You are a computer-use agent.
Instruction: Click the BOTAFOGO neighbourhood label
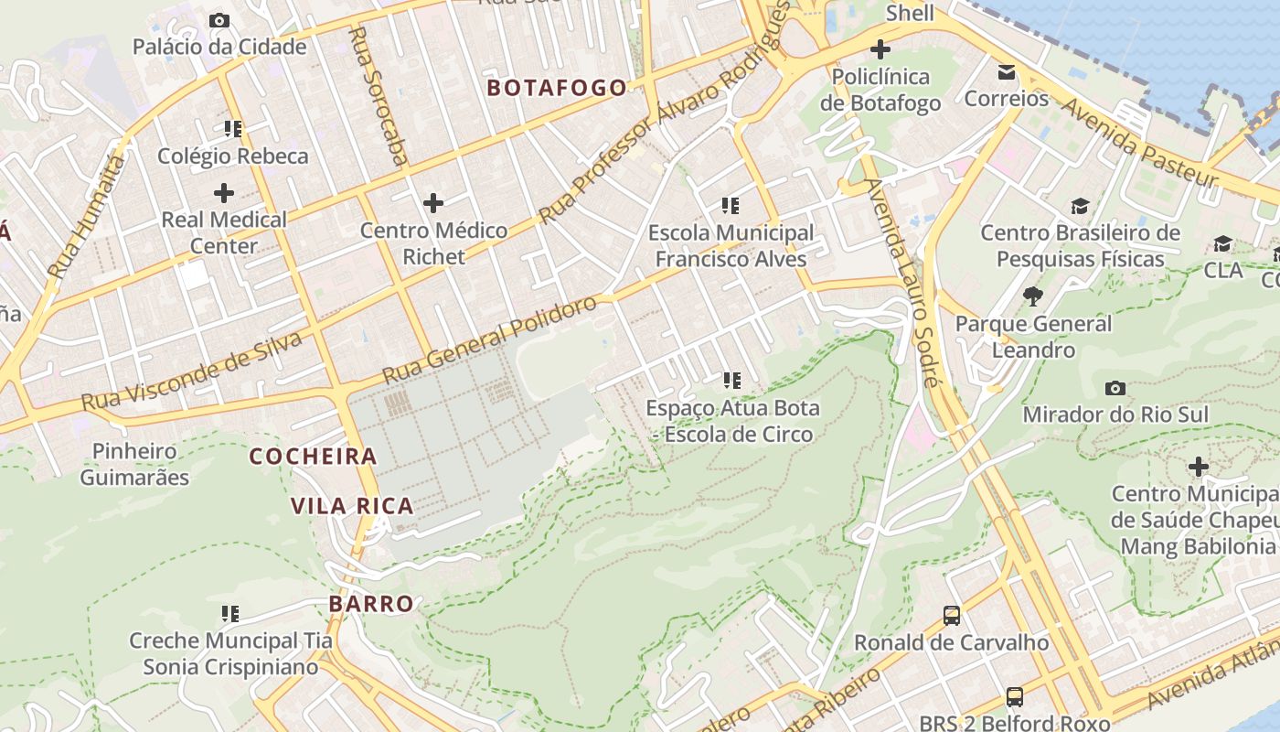coord(557,88)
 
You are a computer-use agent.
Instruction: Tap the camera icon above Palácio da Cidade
coord(219,20)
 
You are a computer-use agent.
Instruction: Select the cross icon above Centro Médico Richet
coord(433,202)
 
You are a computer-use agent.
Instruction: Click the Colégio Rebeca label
coord(233,156)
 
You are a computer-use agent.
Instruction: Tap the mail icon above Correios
coord(1006,71)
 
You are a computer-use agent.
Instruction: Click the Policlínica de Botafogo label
coord(880,90)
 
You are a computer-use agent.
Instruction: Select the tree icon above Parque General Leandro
coord(1033,296)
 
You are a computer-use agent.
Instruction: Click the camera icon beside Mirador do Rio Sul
coord(1115,388)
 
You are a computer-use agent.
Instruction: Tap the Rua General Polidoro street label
coord(489,339)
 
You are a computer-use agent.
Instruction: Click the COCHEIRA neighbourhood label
coord(313,456)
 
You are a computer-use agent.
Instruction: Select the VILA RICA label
coord(352,505)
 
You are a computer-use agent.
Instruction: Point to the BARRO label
coord(371,604)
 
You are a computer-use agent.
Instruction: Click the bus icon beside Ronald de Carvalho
coord(951,615)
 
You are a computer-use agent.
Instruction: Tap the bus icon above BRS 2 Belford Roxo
coord(1014,697)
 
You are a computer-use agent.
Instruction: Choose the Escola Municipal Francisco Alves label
coord(731,245)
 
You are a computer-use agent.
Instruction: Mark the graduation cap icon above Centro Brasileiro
coord(1081,206)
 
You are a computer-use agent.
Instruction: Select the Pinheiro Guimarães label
coord(134,464)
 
